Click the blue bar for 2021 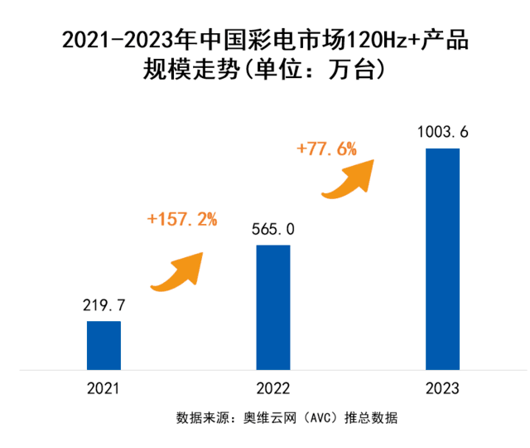[x=104, y=344]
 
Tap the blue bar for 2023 [x=442, y=258]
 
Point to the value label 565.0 [x=273, y=229]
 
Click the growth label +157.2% [x=181, y=219]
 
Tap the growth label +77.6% [x=326, y=149]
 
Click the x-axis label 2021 [x=104, y=388]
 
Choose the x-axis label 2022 [x=273, y=388]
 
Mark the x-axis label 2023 [x=442, y=388]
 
